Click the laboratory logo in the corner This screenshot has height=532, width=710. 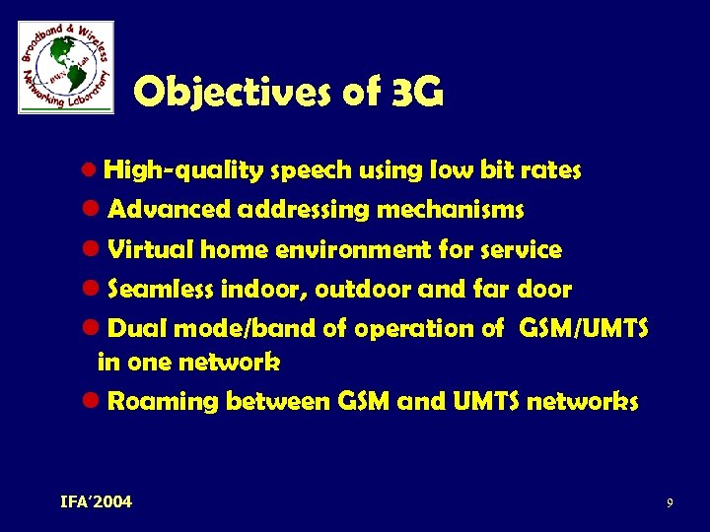pos(66,67)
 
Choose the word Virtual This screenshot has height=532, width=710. pos(151,250)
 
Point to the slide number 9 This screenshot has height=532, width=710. pos(670,503)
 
